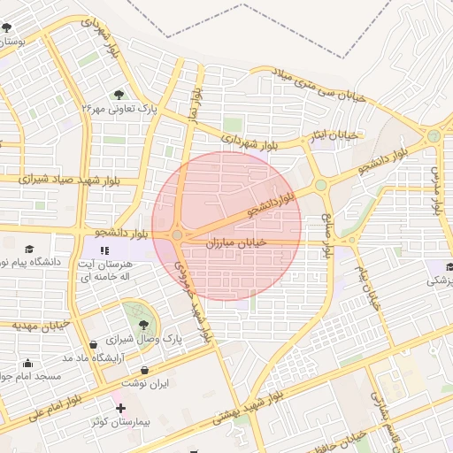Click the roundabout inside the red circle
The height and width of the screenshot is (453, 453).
[177, 234]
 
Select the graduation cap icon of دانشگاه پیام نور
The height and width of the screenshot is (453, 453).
[29, 250]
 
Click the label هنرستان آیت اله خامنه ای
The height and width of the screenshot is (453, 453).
[106, 271]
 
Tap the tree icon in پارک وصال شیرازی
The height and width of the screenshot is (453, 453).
[143, 326]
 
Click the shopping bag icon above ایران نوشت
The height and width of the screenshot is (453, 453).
[144, 371]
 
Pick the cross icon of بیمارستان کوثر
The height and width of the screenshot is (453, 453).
[120, 408]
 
